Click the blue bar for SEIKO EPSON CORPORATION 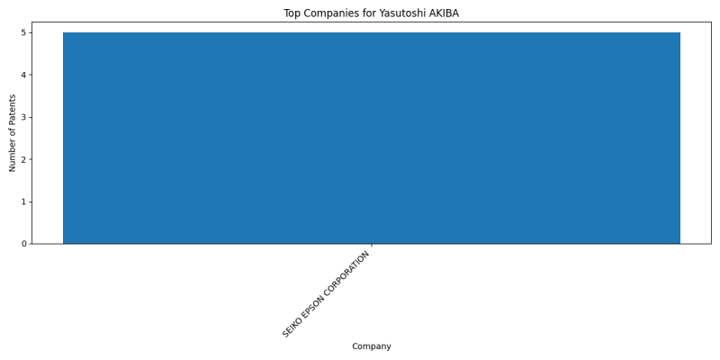(x=372, y=138)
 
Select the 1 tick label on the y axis (x=24, y=202)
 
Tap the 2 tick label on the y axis (x=24, y=159)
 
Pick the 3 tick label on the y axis (x=24, y=117)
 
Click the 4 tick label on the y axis (x=24, y=75)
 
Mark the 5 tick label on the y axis (x=24, y=32)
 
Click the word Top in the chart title (x=292, y=13)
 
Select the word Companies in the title (x=331, y=13)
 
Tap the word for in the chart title (x=370, y=13)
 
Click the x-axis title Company (x=372, y=346)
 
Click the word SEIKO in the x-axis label (x=291, y=328)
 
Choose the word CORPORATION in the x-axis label (x=345, y=275)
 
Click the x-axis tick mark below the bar (x=372, y=246)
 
